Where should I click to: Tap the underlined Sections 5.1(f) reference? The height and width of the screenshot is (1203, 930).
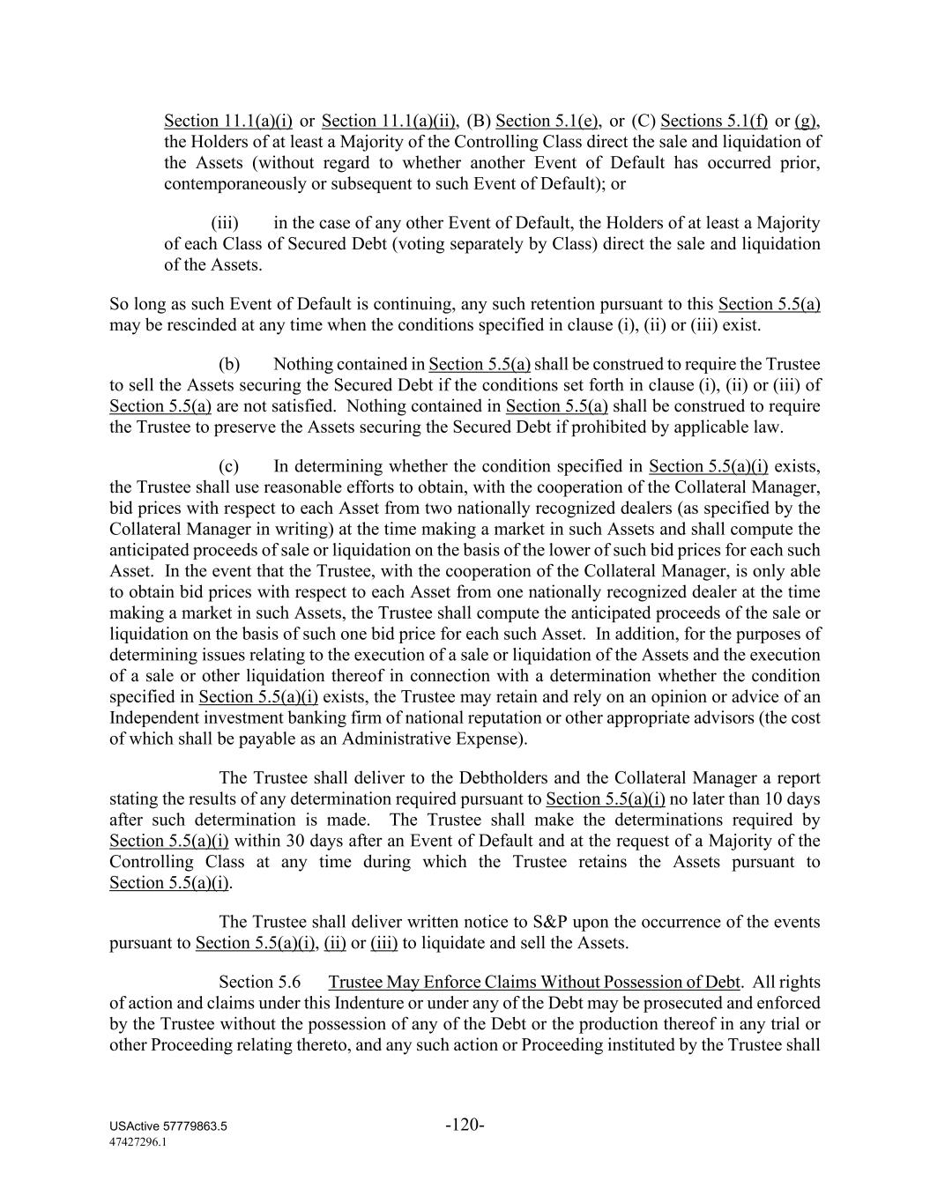tap(714, 121)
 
